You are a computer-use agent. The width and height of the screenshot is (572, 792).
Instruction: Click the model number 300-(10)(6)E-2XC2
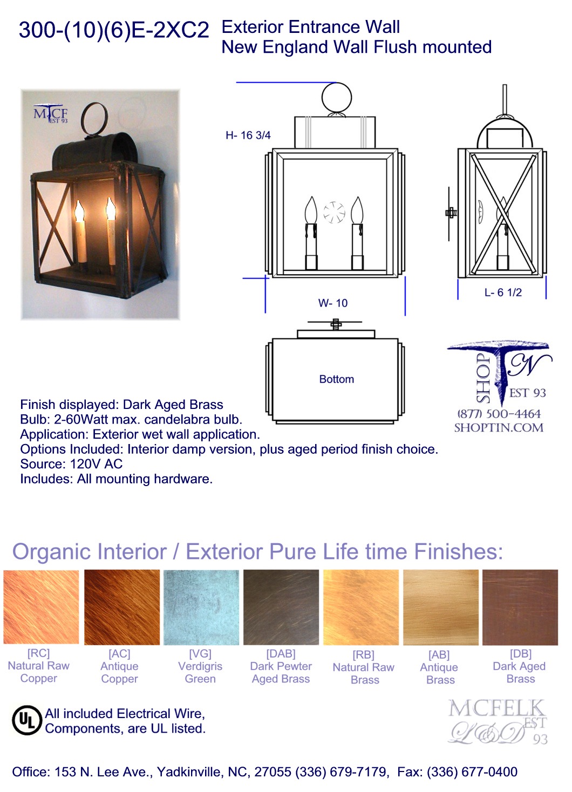click(x=114, y=30)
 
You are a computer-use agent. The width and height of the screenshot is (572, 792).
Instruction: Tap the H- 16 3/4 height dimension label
click(x=248, y=135)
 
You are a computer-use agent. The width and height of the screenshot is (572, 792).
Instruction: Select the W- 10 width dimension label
click(x=333, y=303)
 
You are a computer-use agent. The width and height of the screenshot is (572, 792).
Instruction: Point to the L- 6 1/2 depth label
click(x=503, y=292)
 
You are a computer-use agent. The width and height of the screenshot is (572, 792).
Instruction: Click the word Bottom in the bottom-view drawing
click(x=336, y=379)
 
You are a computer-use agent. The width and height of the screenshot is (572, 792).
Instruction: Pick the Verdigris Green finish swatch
click(x=201, y=607)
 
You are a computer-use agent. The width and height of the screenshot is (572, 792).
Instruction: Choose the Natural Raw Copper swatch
click(x=41, y=607)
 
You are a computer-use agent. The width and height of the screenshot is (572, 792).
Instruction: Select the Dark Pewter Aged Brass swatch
click(x=281, y=607)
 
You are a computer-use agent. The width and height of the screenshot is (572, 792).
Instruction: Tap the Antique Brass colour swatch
click(x=441, y=607)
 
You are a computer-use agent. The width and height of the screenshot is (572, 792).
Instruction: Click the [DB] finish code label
click(x=520, y=653)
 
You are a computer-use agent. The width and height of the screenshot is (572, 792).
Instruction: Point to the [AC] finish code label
click(x=119, y=653)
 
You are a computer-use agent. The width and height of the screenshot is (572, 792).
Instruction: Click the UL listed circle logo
click(x=27, y=720)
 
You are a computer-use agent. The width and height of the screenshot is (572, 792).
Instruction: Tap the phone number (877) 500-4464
click(x=499, y=414)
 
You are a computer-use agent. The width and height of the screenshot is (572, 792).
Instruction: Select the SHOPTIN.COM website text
click(x=499, y=428)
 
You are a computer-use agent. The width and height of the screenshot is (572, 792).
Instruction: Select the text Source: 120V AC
click(x=71, y=464)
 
